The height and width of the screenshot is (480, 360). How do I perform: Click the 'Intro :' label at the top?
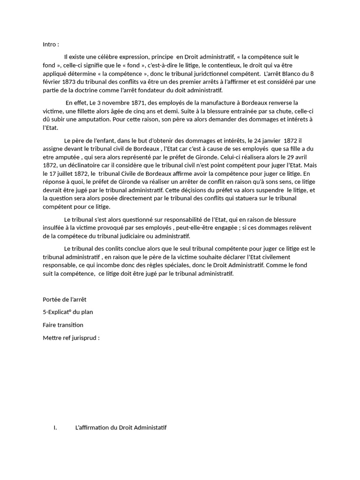click(51, 45)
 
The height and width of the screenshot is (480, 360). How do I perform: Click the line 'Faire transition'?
click(63, 324)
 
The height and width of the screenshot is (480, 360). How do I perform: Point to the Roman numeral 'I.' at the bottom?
click(55, 427)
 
